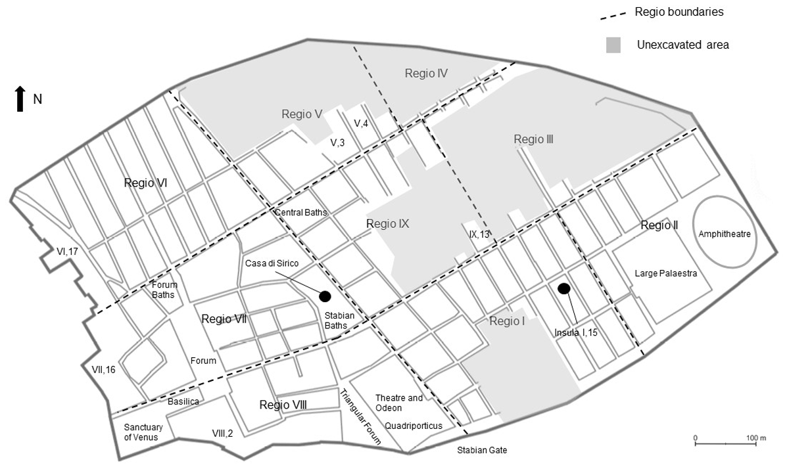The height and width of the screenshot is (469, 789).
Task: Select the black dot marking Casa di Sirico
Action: coord(324,296)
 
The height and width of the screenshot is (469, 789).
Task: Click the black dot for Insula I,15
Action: coord(563,288)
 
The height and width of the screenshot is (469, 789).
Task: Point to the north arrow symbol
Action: coord(20,99)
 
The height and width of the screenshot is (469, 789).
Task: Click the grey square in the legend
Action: coord(613,45)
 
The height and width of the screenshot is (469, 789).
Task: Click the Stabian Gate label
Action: coord(483,451)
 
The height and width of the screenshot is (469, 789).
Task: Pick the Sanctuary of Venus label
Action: coord(143,432)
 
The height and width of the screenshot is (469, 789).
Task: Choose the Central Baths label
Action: coord(300,212)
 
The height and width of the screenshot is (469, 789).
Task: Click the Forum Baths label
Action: coord(163,290)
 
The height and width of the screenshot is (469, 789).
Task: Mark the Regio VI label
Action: coord(145,183)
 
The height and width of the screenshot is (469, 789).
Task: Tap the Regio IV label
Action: coord(426,74)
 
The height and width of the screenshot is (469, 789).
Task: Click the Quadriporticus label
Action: coord(414,426)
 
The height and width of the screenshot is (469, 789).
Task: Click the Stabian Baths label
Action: coord(340,321)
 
